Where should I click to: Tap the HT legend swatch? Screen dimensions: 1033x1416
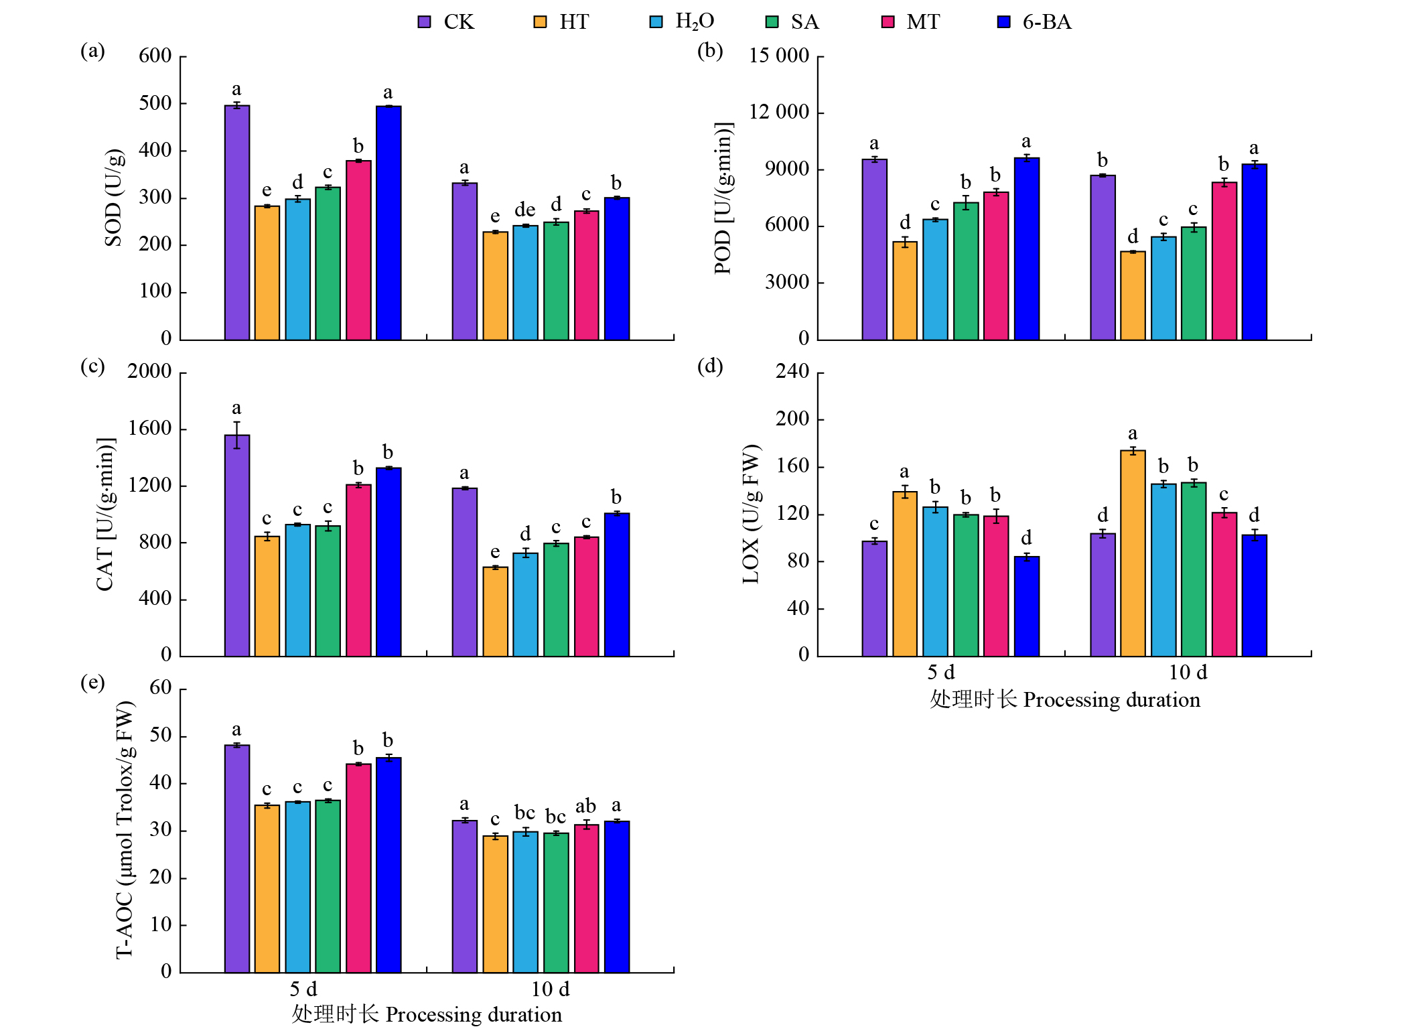point(540,22)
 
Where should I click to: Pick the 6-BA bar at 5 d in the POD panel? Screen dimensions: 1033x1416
point(1026,249)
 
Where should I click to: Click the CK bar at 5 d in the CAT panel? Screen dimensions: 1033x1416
point(237,545)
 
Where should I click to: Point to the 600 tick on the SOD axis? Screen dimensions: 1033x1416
point(155,56)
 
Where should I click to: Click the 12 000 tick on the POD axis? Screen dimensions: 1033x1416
point(779,112)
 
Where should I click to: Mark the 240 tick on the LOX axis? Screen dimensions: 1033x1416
point(792,371)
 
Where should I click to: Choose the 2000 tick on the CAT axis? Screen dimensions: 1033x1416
point(149,371)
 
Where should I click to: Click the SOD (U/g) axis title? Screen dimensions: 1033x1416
point(114,198)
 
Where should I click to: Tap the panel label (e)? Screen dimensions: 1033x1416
point(92,683)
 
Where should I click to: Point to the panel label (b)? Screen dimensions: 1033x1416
point(710,51)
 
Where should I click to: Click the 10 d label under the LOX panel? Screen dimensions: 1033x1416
point(1188,673)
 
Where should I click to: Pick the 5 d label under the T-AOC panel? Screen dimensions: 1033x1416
point(303,989)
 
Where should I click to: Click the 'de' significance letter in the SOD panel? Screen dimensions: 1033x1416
point(525,210)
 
